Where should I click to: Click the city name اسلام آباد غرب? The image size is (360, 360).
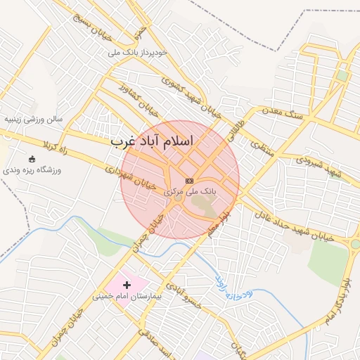(x=151, y=141)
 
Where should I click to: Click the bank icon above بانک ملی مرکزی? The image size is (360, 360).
(x=189, y=181)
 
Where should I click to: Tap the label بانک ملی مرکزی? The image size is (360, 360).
(x=190, y=191)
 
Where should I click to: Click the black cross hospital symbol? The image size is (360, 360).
(x=127, y=285)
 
